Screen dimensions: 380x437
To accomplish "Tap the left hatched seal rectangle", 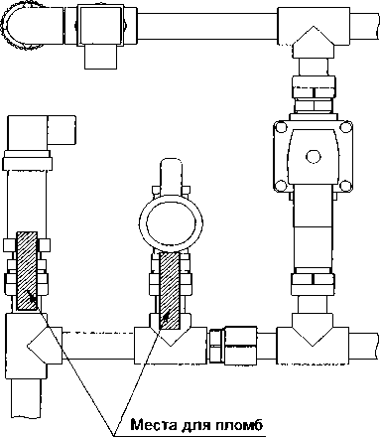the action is click(x=27, y=271).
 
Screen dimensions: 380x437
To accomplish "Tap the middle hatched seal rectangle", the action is click(x=170, y=291).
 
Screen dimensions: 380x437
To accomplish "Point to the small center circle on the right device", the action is click(x=313, y=156).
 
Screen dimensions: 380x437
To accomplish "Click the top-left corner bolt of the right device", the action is click(x=281, y=127).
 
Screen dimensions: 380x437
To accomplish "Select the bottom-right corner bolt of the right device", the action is click(x=345, y=186).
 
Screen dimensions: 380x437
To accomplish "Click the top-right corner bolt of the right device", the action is click(x=345, y=127).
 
